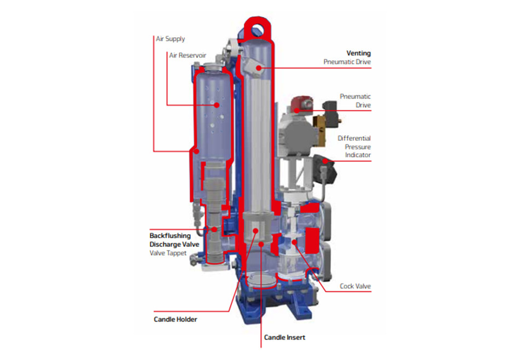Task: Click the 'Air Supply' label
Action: [x=171, y=39]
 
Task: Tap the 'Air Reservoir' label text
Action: [x=188, y=55]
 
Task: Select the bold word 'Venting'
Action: [x=359, y=53]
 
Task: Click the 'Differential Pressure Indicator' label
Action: [x=354, y=146]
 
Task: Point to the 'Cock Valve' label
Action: [x=355, y=286]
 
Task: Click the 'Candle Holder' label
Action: [x=176, y=319]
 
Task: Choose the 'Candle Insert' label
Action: [x=284, y=337]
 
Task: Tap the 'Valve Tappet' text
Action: [x=168, y=253]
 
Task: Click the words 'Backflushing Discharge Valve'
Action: [x=174, y=240]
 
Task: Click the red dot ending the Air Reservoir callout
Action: [x=217, y=105]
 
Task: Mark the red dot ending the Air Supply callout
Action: [x=197, y=152]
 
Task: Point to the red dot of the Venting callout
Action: [x=259, y=68]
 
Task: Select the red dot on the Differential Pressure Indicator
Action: [x=325, y=161]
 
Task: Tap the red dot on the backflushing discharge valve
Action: [x=214, y=230]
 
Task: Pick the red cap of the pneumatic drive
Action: [x=301, y=103]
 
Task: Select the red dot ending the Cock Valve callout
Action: [x=295, y=242]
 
